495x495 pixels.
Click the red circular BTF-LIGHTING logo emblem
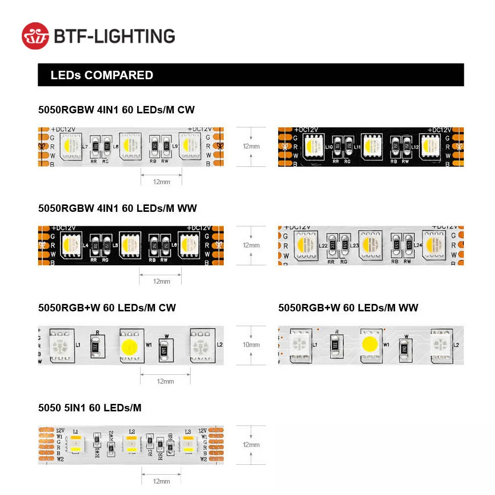(x=36, y=36)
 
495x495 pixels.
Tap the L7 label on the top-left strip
(x=85, y=147)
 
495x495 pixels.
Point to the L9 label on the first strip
(x=175, y=147)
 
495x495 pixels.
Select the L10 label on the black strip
(x=329, y=147)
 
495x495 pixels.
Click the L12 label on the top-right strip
(x=415, y=147)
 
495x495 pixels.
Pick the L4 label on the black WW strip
(x=86, y=245)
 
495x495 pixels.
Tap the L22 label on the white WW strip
(x=323, y=245)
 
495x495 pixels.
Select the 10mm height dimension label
(x=251, y=345)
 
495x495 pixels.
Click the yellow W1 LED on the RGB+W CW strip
(x=130, y=345)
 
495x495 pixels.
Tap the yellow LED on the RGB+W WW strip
(x=371, y=344)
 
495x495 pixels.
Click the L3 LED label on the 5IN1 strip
(x=188, y=432)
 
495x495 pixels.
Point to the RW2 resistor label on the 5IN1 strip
(x=111, y=435)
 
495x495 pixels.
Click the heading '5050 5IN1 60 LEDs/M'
(x=90, y=408)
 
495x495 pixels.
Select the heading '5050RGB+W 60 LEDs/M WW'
(x=348, y=308)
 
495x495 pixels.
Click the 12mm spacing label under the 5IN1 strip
(x=161, y=481)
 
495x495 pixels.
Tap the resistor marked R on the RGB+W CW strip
(x=97, y=345)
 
